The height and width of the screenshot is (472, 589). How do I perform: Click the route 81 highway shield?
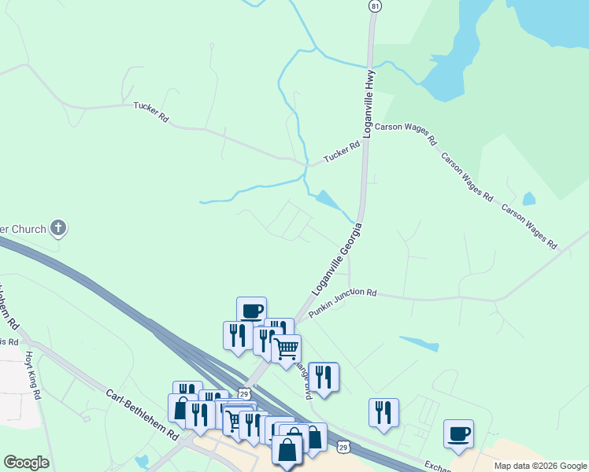(375, 6)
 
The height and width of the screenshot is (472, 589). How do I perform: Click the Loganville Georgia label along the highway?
(337, 259)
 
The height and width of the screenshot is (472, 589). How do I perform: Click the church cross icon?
(57, 229)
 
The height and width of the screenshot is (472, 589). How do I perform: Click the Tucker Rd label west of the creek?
(151, 112)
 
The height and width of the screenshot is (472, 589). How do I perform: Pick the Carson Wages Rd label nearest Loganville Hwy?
(406, 134)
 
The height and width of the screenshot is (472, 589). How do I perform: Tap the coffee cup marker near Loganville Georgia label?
(251, 310)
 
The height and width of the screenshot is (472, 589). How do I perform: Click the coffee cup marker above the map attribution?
(458, 433)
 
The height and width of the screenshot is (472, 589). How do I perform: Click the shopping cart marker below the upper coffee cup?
(286, 347)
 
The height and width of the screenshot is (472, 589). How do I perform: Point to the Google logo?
(26, 463)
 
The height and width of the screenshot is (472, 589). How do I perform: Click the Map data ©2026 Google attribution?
(540, 466)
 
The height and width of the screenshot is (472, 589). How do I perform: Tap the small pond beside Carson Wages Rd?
(528, 199)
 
